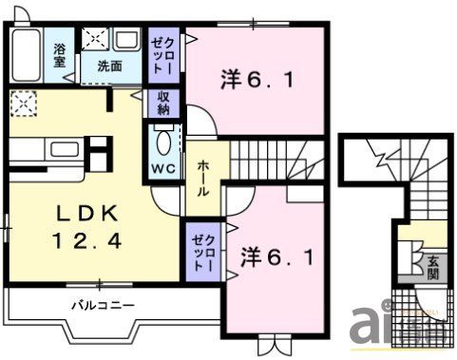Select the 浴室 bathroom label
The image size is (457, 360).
pyautogui.click(x=60, y=54)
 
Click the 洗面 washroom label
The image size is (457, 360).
pyautogui.click(x=108, y=66)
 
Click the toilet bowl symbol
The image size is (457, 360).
pyautogui.click(x=162, y=143)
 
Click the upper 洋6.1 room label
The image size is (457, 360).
pyautogui.click(x=257, y=79)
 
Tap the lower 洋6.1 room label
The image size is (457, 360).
pyautogui.click(x=276, y=256)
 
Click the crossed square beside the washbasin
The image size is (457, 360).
pyautogui.click(x=95, y=39)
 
